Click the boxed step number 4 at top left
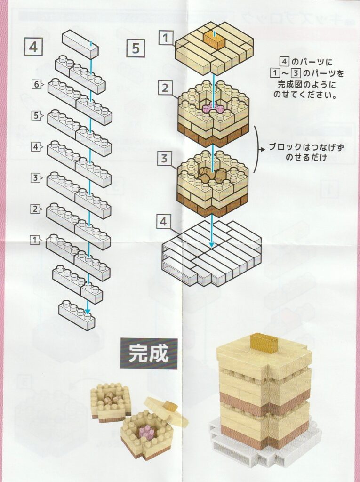pyautogui.click(x=33, y=47)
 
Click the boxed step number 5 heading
pyautogui.click(x=136, y=47)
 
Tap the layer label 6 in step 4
pyautogui.click(x=36, y=85)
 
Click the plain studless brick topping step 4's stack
pyautogui.click(x=80, y=44)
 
